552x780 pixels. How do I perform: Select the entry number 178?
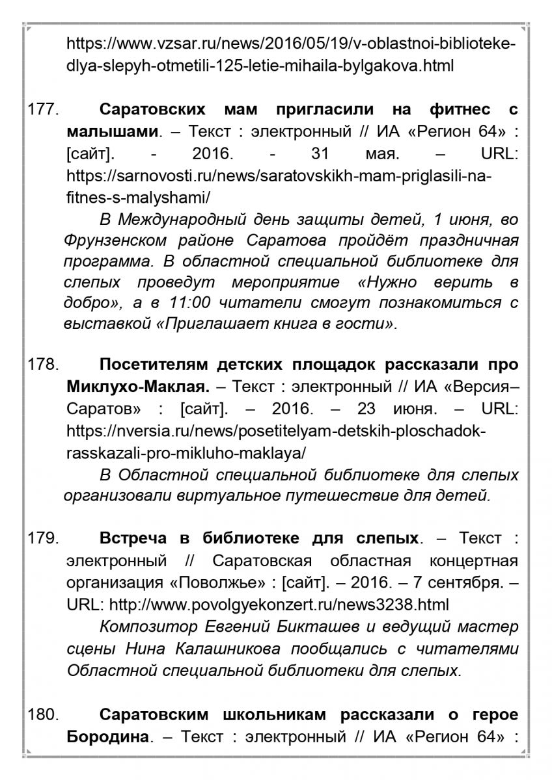[44, 364]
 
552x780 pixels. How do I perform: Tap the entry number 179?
[44, 539]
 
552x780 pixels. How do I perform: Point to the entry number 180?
[44, 715]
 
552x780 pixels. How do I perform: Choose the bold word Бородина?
[112, 738]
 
